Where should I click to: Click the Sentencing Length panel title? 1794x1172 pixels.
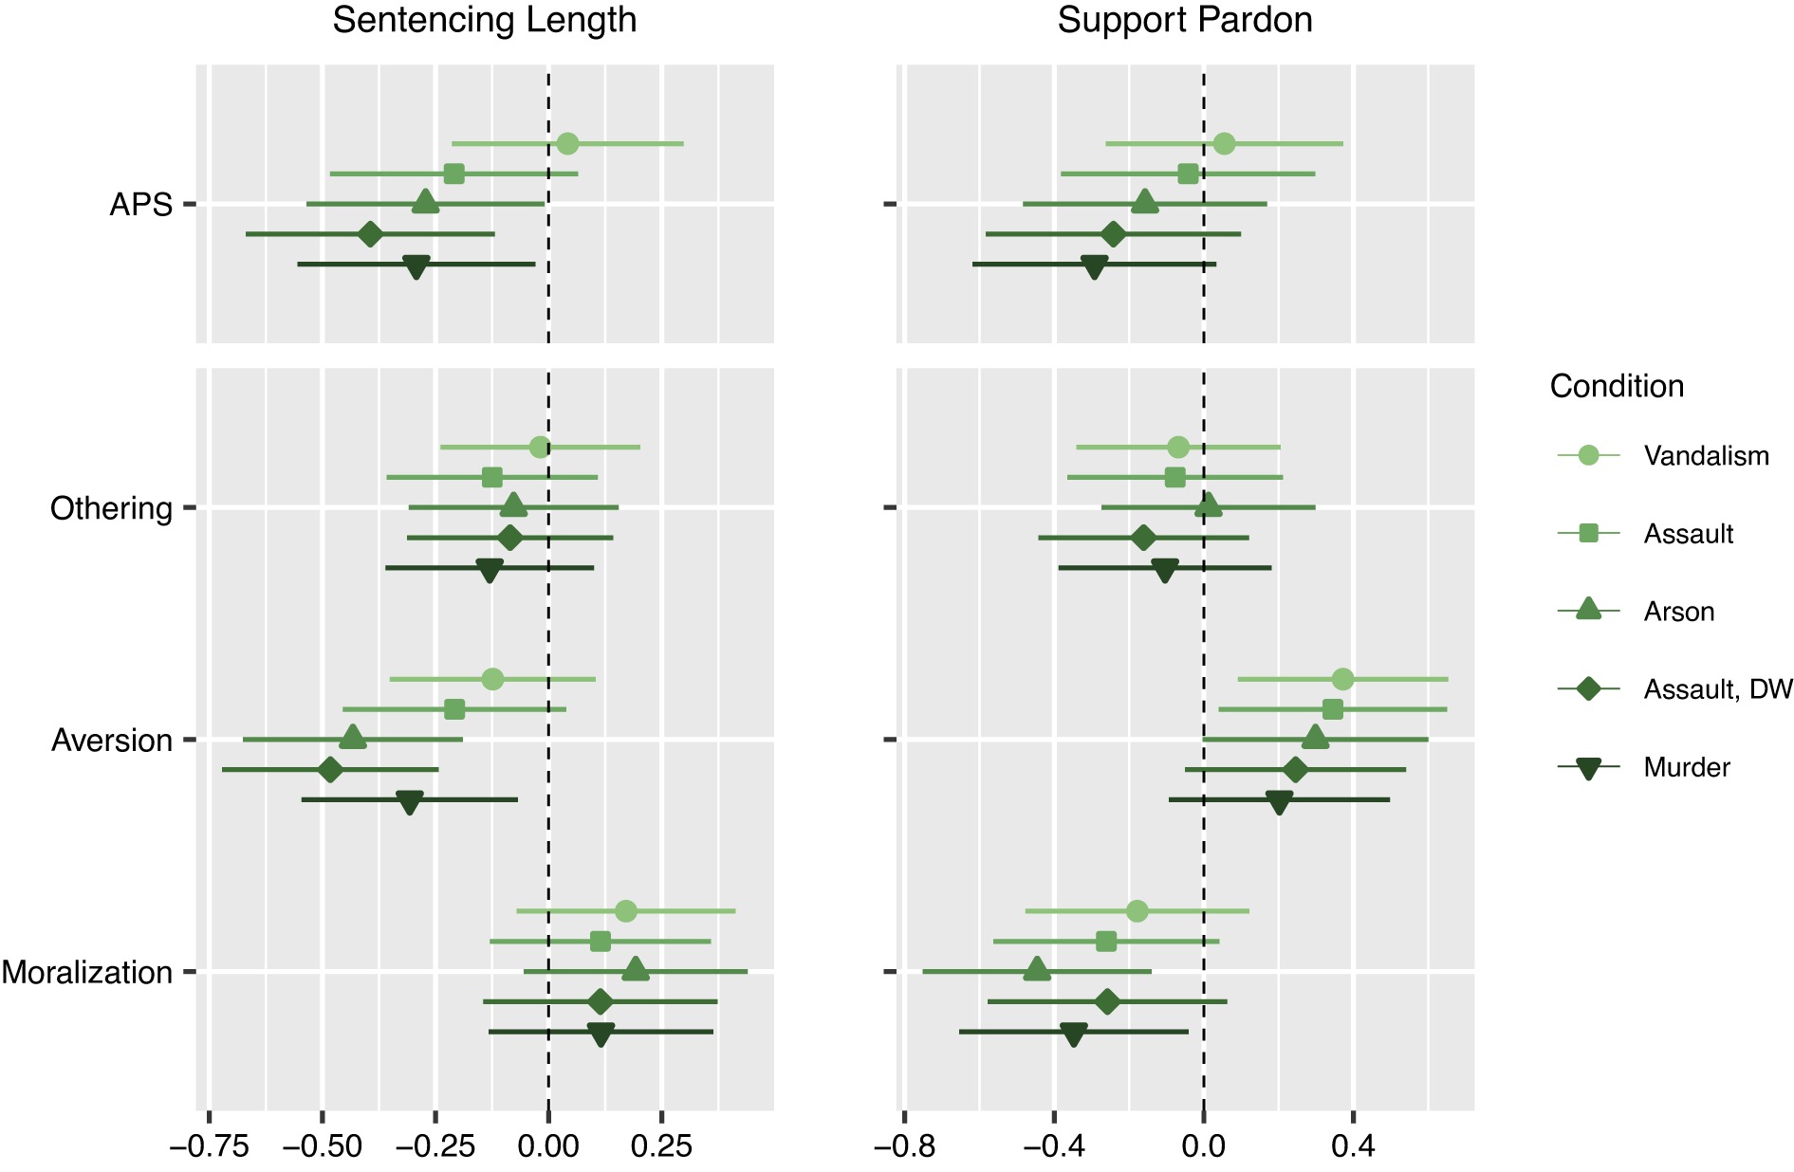[x=484, y=20]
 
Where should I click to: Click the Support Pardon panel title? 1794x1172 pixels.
[x=1184, y=20]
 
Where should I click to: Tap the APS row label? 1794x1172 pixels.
[x=140, y=205]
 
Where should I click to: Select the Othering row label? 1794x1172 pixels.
[x=111, y=508]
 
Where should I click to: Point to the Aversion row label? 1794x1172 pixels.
[x=112, y=741]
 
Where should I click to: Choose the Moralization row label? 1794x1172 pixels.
[x=86, y=973]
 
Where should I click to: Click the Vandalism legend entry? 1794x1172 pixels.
[x=1706, y=456]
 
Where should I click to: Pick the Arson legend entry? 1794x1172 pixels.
[x=1678, y=612]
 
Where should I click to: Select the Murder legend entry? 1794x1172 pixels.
[x=1686, y=767]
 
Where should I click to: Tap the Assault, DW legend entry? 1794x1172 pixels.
[x=1717, y=689]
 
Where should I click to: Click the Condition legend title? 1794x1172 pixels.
[x=1617, y=387]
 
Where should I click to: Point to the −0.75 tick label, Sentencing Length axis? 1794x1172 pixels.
[x=209, y=1146]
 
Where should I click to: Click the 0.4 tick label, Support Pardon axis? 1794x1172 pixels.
[x=1353, y=1146]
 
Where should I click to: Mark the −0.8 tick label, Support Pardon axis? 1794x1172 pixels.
[x=904, y=1146]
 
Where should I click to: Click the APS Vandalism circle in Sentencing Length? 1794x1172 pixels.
[x=567, y=144]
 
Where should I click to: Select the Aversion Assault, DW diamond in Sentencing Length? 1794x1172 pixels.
[x=330, y=770]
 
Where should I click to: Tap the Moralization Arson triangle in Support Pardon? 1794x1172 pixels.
[x=1036, y=970]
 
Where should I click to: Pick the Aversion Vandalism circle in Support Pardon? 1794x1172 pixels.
[x=1342, y=679]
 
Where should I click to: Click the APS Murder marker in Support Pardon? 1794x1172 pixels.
[x=1094, y=266]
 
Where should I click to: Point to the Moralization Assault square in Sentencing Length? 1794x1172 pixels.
[x=600, y=942]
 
